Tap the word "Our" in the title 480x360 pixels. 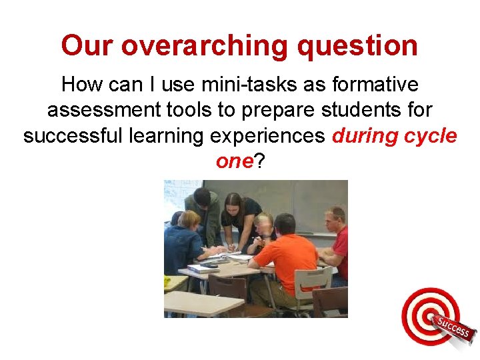(x=88, y=47)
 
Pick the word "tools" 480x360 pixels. (x=184, y=111)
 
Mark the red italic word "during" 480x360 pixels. (x=365, y=136)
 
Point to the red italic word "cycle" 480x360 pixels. (x=431, y=136)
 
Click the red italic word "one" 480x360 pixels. (x=232, y=161)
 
